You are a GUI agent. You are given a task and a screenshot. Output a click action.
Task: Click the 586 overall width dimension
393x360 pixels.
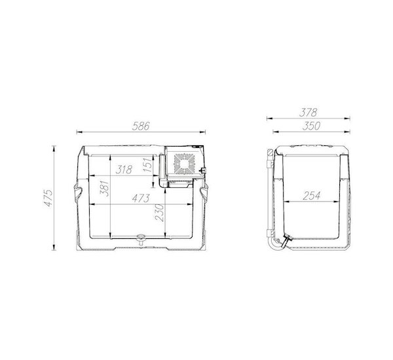141,126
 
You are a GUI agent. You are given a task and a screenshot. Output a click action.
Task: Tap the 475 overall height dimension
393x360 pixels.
48,198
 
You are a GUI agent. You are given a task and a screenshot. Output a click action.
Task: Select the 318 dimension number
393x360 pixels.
124,170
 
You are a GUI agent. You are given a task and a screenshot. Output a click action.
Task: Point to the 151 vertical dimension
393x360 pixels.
148,164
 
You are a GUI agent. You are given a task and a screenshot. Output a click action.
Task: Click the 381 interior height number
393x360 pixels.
105,188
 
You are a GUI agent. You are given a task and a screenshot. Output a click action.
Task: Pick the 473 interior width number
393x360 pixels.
141,198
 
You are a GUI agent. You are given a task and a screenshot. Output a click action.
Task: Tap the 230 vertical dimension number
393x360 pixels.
159,213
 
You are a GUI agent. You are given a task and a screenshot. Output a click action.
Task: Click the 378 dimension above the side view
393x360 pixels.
309,113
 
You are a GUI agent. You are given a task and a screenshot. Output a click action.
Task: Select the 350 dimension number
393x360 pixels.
311,126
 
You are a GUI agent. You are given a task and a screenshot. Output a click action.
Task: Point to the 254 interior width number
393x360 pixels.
312,196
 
